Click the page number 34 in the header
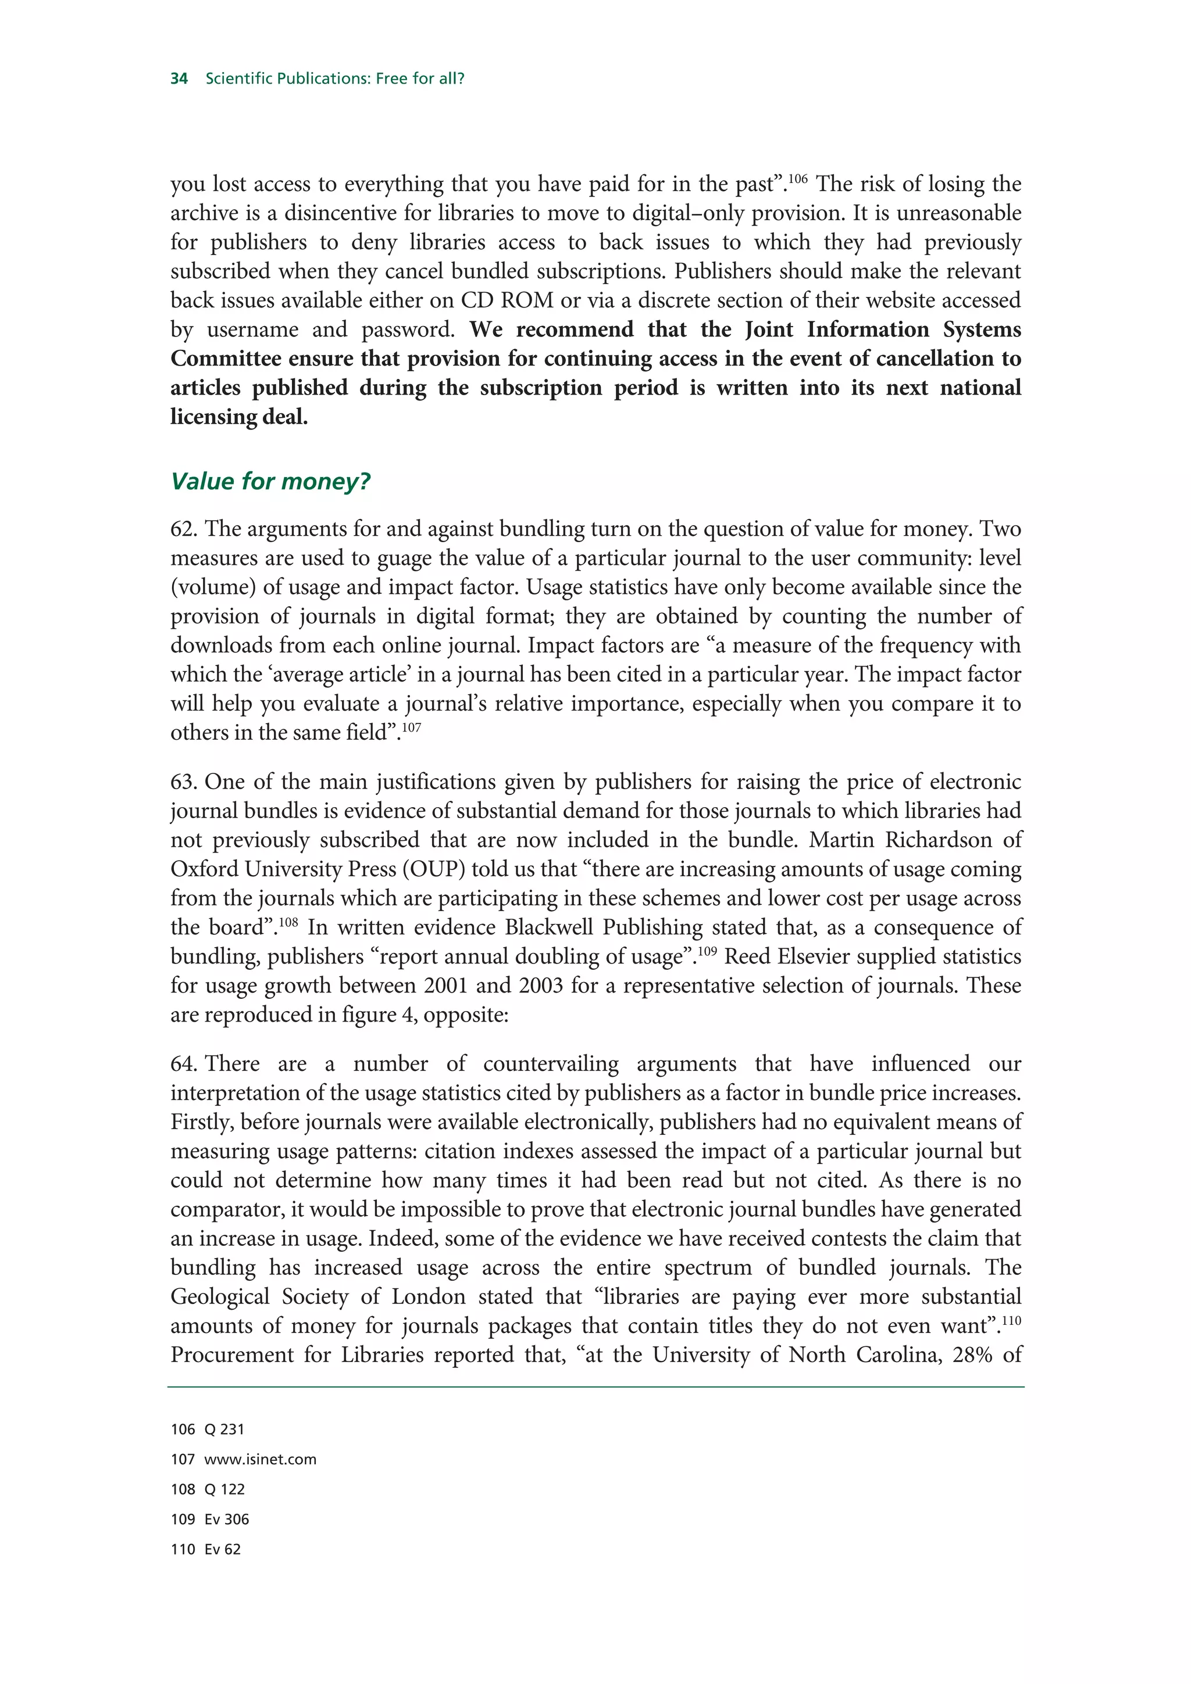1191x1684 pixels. point(179,78)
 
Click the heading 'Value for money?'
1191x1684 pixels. point(270,481)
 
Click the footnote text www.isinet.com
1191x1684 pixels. point(261,1460)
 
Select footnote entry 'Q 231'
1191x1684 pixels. point(224,1429)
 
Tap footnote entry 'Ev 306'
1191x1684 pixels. point(227,1519)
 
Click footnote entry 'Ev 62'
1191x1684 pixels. point(222,1549)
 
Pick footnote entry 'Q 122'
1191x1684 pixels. point(224,1489)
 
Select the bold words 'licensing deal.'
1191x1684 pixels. point(239,417)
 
